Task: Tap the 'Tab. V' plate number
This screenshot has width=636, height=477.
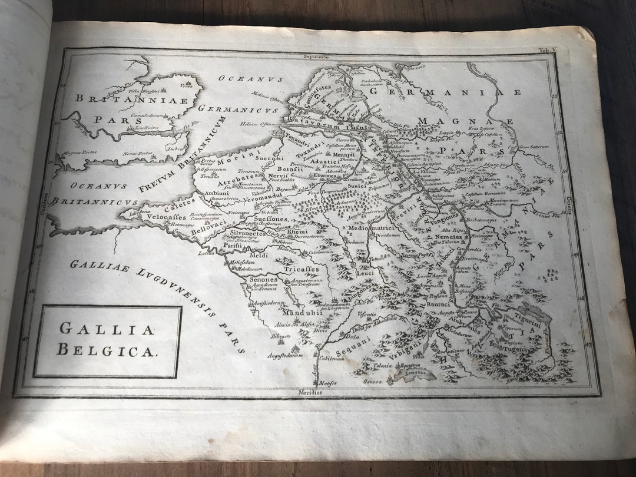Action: tap(552, 51)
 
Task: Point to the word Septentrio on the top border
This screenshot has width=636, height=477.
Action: tap(316, 57)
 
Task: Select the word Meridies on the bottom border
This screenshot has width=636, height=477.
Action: tap(310, 392)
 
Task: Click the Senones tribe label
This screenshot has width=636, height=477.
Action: tap(263, 280)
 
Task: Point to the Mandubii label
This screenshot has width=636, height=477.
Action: tap(301, 313)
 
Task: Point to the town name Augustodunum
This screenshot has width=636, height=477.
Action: tap(285, 356)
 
